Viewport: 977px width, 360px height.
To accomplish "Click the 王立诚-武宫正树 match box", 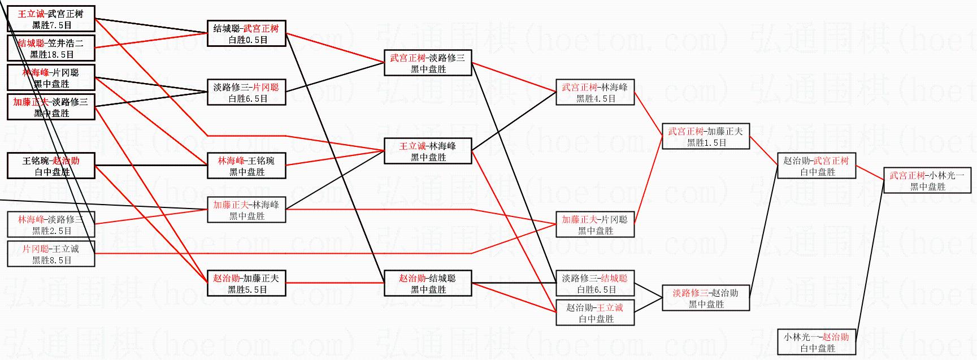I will [51, 19].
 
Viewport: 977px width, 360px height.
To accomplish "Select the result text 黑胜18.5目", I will [52, 55].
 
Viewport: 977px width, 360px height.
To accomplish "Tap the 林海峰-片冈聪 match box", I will [51, 77].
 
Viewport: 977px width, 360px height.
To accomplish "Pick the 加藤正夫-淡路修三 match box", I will [51, 107].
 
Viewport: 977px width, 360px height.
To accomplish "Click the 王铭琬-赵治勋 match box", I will [51, 166].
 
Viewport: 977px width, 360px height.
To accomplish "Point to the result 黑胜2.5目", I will [52, 231].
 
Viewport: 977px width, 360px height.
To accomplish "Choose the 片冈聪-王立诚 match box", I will [51, 254].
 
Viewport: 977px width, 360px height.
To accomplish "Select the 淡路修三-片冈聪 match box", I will [246, 92].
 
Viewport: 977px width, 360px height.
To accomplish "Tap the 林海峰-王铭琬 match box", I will [246, 166].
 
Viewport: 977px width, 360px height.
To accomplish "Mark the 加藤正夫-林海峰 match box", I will [246, 210].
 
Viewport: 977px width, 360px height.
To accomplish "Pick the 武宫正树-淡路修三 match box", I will [428, 63].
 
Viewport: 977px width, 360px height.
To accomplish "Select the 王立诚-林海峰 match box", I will [428, 151].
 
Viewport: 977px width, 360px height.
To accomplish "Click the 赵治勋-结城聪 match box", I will [428, 283].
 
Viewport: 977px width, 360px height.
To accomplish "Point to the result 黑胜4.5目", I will [596, 99].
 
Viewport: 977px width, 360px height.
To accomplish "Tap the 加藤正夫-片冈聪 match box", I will [595, 224].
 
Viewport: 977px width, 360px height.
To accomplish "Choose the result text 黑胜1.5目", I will [706, 143].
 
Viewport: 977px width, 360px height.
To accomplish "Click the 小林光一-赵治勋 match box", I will [817, 342].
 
